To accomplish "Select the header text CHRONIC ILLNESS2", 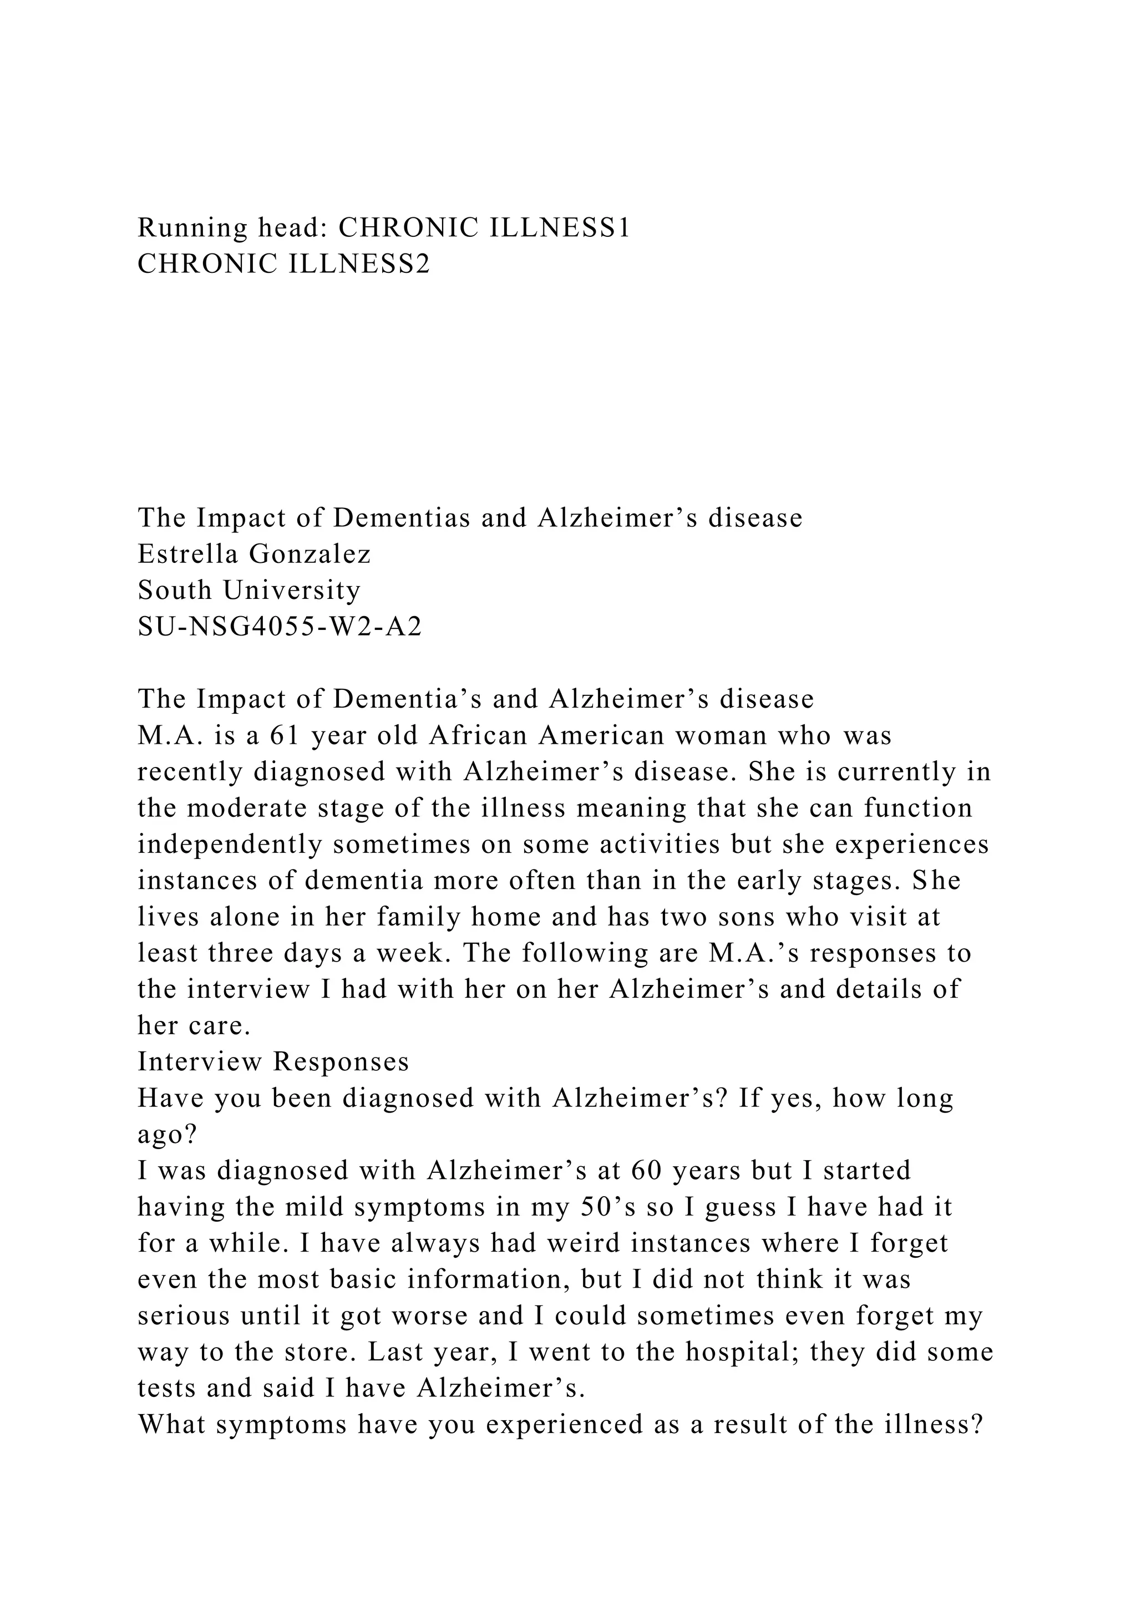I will [x=284, y=265].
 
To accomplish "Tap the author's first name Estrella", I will [x=188, y=554].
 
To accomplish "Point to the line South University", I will [x=249, y=591].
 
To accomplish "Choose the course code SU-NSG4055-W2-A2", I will [x=280, y=627].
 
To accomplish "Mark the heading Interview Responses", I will [x=273, y=1062].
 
